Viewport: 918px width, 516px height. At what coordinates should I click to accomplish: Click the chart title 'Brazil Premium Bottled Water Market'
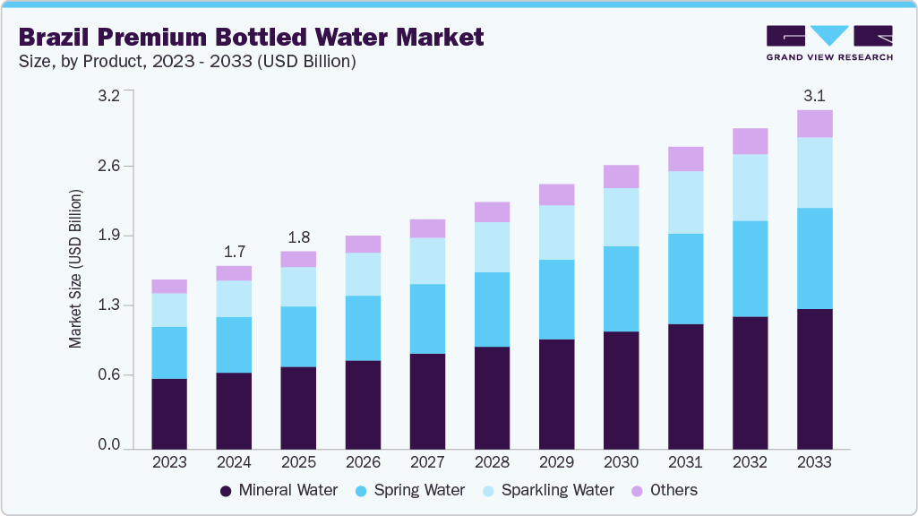click(251, 37)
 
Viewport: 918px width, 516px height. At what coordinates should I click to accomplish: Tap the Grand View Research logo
click(829, 42)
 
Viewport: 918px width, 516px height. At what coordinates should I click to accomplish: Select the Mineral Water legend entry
click(279, 490)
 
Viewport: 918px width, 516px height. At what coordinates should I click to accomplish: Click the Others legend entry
click(665, 490)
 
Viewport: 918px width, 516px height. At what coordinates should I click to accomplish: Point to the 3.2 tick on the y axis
click(109, 97)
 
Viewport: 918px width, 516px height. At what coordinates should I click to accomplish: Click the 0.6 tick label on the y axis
click(109, 375)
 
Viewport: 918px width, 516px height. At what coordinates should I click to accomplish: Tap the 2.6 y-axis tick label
click(109, 167)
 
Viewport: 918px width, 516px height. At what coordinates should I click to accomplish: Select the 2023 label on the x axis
click(169, 462)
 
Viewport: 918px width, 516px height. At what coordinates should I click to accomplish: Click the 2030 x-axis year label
click(621, 462)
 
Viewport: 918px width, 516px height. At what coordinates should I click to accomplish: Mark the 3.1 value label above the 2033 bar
click(814, 95)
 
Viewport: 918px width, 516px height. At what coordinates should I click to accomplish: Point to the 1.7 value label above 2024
click(234, 251)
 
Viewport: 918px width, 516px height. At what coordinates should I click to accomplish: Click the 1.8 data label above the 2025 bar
click(298, 237)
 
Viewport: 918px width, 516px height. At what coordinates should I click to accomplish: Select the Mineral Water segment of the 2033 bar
click(814, 378)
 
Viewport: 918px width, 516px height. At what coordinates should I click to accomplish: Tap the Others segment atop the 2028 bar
click(492, 211)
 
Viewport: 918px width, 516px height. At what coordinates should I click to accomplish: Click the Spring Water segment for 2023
click(169, 353)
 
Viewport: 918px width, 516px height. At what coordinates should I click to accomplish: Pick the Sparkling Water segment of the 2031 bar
click(685, 202)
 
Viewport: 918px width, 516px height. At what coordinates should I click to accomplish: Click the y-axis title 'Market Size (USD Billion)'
click(76, 269)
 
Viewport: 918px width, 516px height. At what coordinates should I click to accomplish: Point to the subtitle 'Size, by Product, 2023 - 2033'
click(187, 62)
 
